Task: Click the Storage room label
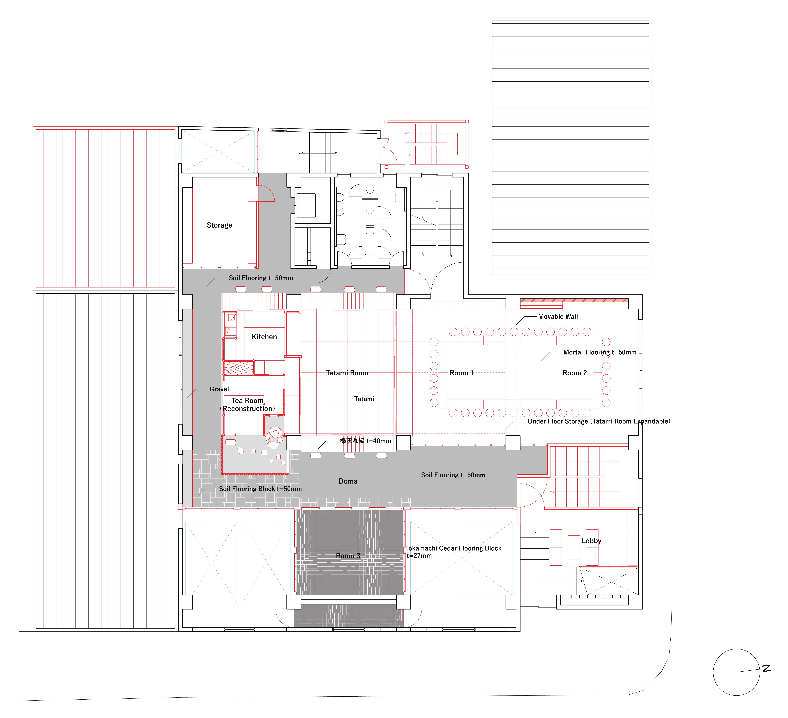(x=219, y=225)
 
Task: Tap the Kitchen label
(x=264, y=337)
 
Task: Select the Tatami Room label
(x=347, y=373)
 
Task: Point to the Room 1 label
(x=462, y=373)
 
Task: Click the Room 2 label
(x=575, y=373)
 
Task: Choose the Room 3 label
(x=348, y=556)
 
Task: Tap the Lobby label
(x=591, y=541)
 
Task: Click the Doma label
(x=348, y=481)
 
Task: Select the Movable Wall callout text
(x=558, y=317)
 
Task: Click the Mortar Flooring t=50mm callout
(x=600, y=352)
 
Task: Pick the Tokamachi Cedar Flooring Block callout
(x=453, y=552)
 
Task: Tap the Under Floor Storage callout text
(x=599, y=421)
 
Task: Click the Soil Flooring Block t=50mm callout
(x=260, y=489)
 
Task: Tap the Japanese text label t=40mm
(x=365, y=441)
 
